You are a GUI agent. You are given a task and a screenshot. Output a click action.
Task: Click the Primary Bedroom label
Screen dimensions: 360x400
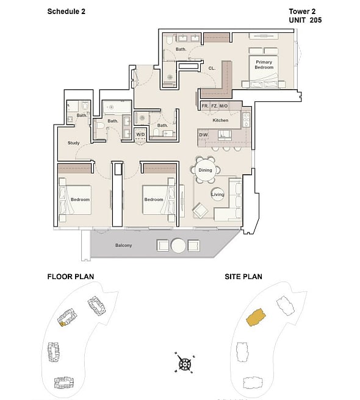(264, 65)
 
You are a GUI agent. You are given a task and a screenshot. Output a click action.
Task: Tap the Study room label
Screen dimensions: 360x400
(73, 143)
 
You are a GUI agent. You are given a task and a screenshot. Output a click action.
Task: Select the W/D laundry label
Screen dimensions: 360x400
(140, 134)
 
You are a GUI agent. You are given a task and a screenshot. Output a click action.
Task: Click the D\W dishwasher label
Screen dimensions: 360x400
(203, 135)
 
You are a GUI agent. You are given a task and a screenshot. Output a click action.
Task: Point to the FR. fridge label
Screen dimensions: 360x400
(205, 106)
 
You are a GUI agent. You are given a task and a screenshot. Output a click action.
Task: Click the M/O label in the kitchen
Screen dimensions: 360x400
(223, 106)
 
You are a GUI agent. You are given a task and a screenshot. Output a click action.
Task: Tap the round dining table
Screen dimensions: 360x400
(205, 170)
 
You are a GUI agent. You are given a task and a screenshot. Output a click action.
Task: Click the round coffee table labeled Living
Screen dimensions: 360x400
(217, 194)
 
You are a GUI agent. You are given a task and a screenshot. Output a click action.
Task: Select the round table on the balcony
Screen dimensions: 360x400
(178, 245)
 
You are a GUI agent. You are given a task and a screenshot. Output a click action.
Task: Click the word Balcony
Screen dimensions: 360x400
(123, 245)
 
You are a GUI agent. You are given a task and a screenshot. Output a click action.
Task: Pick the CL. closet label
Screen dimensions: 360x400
(212, 68)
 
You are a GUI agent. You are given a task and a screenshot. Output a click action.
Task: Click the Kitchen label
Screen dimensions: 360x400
(220, 120)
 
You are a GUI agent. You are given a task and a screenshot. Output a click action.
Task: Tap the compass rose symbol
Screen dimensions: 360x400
(185, 363)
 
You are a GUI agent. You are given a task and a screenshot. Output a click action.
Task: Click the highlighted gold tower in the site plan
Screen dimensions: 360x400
(256, 318)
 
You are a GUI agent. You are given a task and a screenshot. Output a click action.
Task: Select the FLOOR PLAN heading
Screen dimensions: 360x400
(71, 277)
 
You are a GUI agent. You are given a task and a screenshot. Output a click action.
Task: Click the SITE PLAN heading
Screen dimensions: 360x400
(243, 277)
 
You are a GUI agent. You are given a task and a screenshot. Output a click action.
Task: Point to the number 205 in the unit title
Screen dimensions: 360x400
(315, 20)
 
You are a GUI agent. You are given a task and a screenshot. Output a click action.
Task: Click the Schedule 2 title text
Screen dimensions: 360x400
(67, 12)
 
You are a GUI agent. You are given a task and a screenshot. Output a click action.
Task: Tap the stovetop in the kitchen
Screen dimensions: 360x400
(246, 119)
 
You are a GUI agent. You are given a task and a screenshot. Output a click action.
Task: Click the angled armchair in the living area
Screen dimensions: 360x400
(200, 211)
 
